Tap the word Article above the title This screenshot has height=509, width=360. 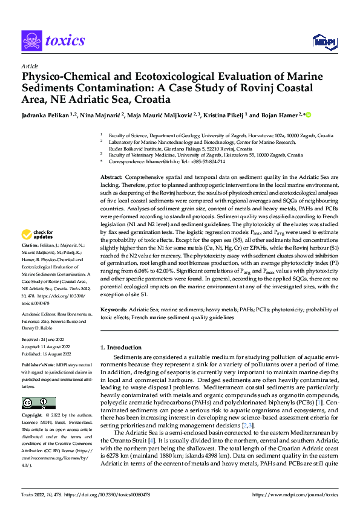(30, 66)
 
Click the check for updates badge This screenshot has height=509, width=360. (38, 235)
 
